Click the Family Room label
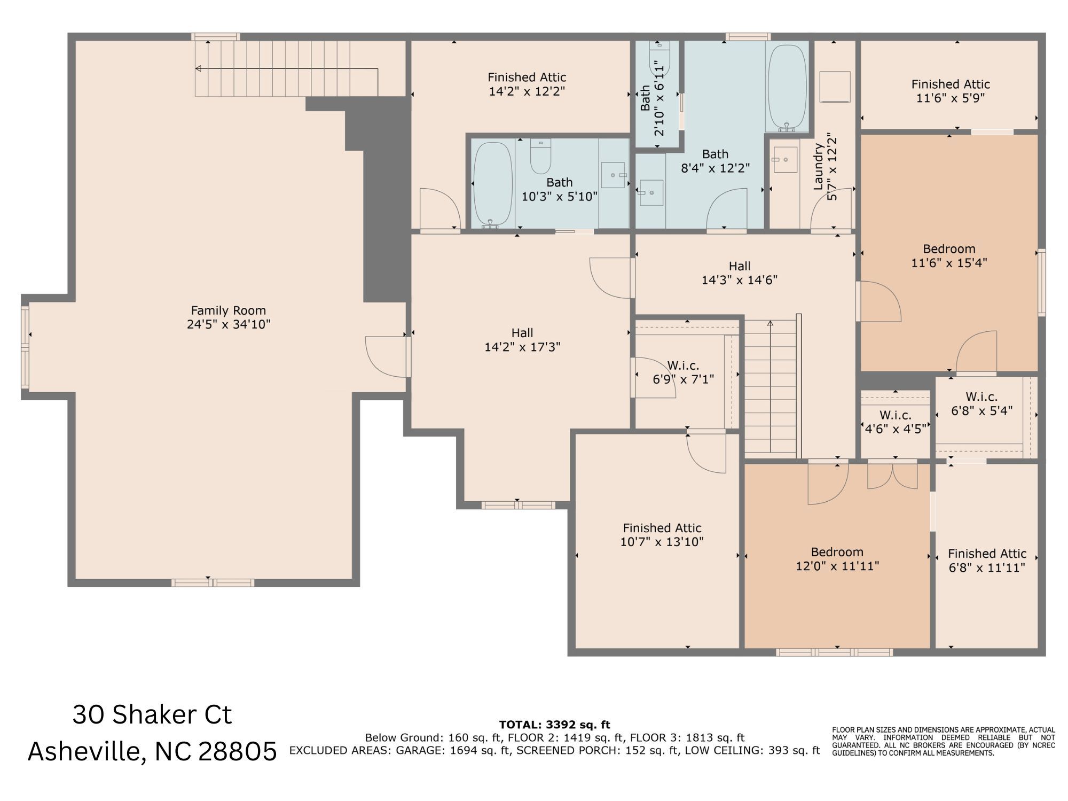229,310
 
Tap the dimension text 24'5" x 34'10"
229,324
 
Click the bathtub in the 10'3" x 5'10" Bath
493,184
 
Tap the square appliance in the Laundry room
835,87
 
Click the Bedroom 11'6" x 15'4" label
949,249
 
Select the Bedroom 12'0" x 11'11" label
837,552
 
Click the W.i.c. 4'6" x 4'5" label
896,415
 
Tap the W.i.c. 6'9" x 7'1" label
683,366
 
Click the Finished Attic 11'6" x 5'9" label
951,84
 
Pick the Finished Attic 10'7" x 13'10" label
662,528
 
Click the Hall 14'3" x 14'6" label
740,266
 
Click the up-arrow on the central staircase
770,324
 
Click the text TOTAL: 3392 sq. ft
554,725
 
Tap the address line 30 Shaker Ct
152,715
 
